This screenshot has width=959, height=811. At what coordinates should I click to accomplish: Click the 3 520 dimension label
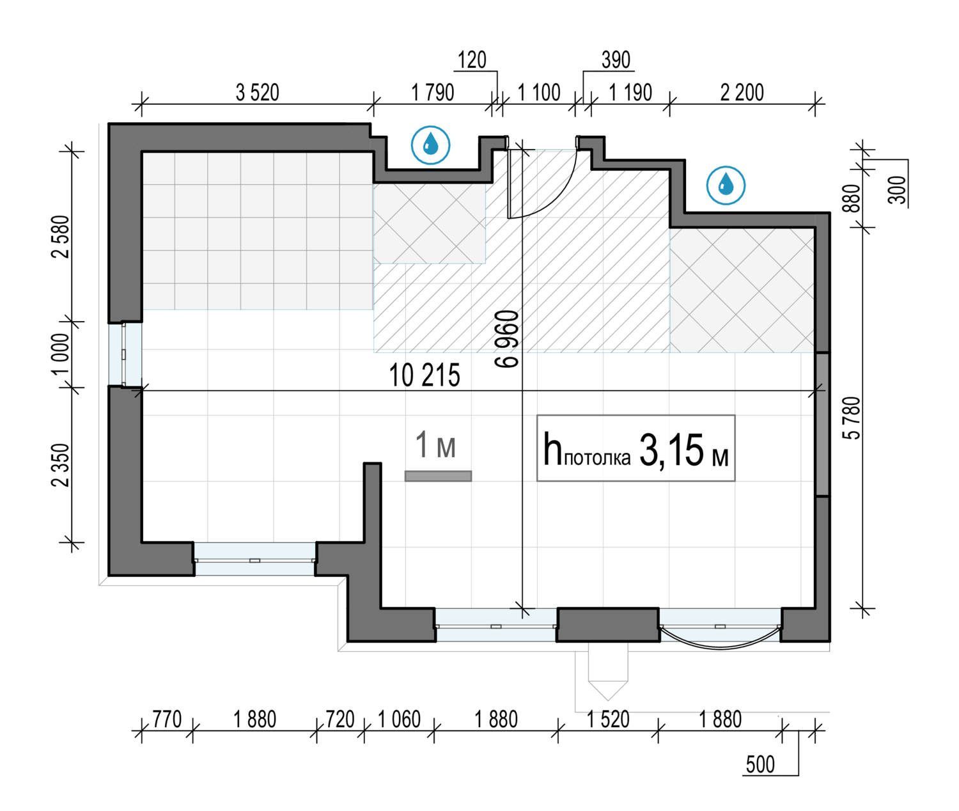click(258, 92)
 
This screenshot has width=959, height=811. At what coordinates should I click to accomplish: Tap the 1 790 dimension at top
click(432, 92)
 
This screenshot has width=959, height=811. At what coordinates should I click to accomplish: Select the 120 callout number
click(472, 60)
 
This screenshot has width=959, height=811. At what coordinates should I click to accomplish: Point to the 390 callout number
click(616, 60)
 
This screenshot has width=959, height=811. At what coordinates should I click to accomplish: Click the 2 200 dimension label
click(742, 92)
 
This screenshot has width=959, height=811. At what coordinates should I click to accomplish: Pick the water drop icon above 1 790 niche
click(430, 145)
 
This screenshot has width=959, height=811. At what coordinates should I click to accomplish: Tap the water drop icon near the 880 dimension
click(726, 185)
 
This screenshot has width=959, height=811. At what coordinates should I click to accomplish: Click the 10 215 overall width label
click(425, 375)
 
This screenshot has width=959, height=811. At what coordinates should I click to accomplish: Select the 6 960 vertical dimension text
click(506, 339)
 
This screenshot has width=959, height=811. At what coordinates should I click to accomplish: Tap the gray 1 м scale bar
click(438, 476)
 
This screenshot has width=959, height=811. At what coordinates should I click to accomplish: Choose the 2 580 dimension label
click(61, 237)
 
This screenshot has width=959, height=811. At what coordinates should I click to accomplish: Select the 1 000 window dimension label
click(61, 354)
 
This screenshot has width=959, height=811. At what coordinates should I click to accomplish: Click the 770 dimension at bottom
click(167, 720)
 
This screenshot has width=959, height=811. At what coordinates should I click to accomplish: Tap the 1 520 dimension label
click(608, 720)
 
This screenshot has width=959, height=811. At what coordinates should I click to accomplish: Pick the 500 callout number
click(760, 764)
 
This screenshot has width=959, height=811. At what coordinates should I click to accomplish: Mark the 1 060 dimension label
click(399, 720)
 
